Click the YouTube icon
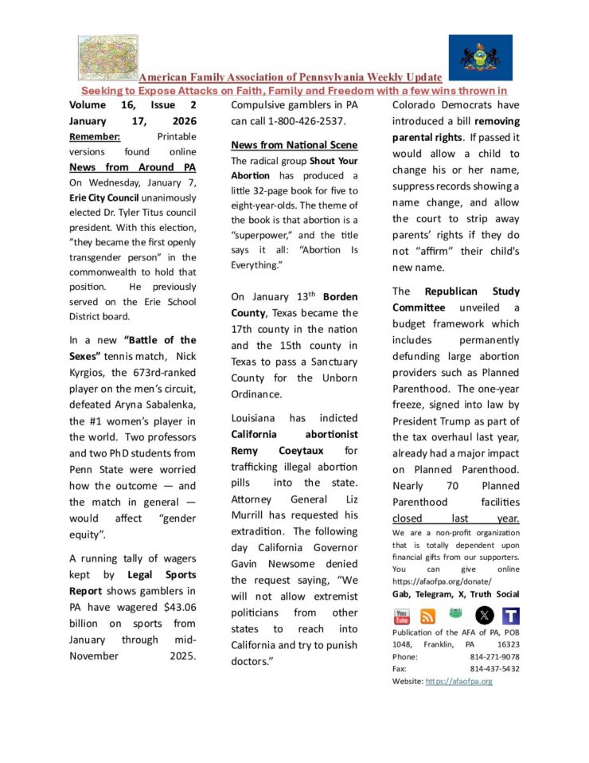(x=402, y=616)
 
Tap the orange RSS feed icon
(x=428, y=616)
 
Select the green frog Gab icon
(x=456, y=615)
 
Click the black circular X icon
(x=484, y=615)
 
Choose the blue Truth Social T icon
(x=511, y=616)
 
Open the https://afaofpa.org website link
(x=459, y=681)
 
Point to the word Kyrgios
(x=90, y=372)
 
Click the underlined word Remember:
(x=95, y=136)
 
